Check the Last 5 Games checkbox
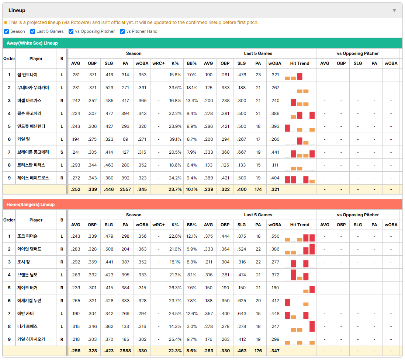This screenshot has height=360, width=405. coord(32,31)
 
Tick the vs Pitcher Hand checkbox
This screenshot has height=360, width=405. coord(122,31)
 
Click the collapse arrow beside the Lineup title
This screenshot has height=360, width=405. coord(394,10)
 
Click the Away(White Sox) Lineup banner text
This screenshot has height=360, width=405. coord(32,43)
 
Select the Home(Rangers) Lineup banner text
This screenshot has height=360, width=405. coord(31,205)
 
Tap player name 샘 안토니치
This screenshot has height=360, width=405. coord(27,75)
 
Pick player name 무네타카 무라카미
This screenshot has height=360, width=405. coord(33,88)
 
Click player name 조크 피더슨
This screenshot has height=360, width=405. coord(27,236)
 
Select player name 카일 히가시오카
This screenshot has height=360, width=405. coord(31,339)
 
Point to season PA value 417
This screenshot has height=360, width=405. coord(125,101)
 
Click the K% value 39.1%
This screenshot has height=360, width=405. coord(175,139)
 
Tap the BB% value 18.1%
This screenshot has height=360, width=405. coord(192,88)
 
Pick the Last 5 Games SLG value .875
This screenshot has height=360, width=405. coord(242,236)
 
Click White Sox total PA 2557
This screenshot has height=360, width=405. coord(125,189)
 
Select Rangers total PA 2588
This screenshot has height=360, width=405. coord(125,351)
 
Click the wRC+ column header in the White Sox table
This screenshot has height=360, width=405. coord(158,63)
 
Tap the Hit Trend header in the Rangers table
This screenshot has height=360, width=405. coord(300,225)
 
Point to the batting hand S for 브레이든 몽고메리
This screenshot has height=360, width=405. coord(62,152)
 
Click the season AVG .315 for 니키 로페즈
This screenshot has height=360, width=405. coord(75,326)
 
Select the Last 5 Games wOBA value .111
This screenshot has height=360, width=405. coord(275,165)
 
